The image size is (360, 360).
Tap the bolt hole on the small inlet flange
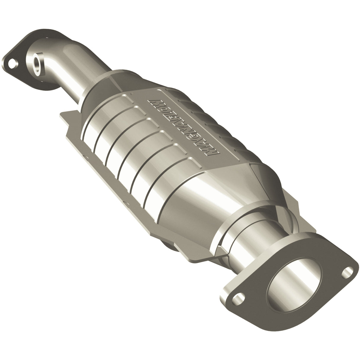tap(12, 63)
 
